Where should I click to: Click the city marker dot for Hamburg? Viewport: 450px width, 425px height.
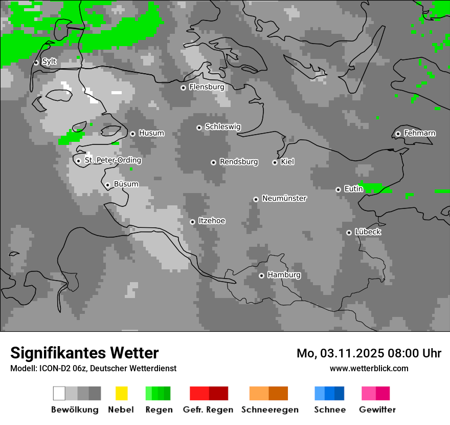pos(261,275)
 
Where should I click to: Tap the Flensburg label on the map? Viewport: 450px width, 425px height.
pos(207,87)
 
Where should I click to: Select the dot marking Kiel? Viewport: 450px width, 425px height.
pos(275,162)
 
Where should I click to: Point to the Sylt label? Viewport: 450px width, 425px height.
pos(49,61)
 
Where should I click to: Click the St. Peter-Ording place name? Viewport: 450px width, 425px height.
pos(112,160)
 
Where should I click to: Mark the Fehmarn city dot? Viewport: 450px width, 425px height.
pos(398,134)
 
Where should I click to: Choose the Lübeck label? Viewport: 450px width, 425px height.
pos(368,232)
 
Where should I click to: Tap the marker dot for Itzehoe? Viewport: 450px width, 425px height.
pos(192,222)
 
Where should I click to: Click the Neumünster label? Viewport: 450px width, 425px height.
pos(284,198)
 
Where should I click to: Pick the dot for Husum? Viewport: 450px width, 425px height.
pos(132,134)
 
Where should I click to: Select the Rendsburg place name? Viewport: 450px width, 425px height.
pos(239,162)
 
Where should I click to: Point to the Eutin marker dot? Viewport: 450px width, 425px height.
pos(338,189)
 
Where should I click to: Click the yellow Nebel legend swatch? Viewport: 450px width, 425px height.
pos(121,393)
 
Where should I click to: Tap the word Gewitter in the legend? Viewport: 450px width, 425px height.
pos(377,410)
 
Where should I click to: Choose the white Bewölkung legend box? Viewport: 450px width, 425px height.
pos(59,393)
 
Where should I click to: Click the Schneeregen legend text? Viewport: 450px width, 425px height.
pos(269,410)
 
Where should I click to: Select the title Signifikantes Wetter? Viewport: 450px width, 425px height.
pos(84,353)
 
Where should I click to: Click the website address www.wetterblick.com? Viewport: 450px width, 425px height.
pos(369,368)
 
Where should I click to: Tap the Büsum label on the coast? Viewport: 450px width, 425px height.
pos(126,184)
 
